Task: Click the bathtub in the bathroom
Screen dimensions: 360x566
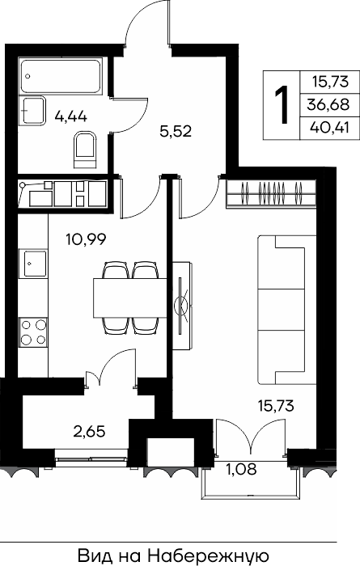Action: pyautogui.click(x=61, y=77)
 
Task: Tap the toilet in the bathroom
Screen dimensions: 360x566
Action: pyautogui.click(x=86, y=150)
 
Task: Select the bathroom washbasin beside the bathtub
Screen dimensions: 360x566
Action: pyautogui.click(x=32, y=111)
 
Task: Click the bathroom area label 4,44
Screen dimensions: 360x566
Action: pyautogui.click(x=70, y=116)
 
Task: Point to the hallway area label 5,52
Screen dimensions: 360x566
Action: pyautogui.click(x=176, y=131)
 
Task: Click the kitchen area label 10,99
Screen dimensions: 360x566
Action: pyautogui.click(x=86, y=239)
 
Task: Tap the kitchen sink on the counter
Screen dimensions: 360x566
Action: pyautogui.click(x=33, y=264)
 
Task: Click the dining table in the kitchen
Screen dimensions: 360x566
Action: pyautogui.click(x=130, y=298)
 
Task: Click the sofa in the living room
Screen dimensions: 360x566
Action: pyautogui.click(x=286, y=310)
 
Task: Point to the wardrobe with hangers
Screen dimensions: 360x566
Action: pyautogui.click(x=271, y=194)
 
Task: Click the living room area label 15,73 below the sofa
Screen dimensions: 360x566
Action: pyautogui.click(x=276, y=406)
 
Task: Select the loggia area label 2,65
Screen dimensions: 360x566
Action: pyautogui.click(x=89, y=431)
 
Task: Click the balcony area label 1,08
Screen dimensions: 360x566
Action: pyautogui.click(x=241, y=469)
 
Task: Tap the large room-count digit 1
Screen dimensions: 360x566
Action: pyautogui.click(x=282, y=104)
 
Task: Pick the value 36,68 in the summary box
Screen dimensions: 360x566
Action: pyautogui.click(x=328, y=104)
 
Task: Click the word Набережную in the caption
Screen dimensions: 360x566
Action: pyautogui.click(x=207, y=556)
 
